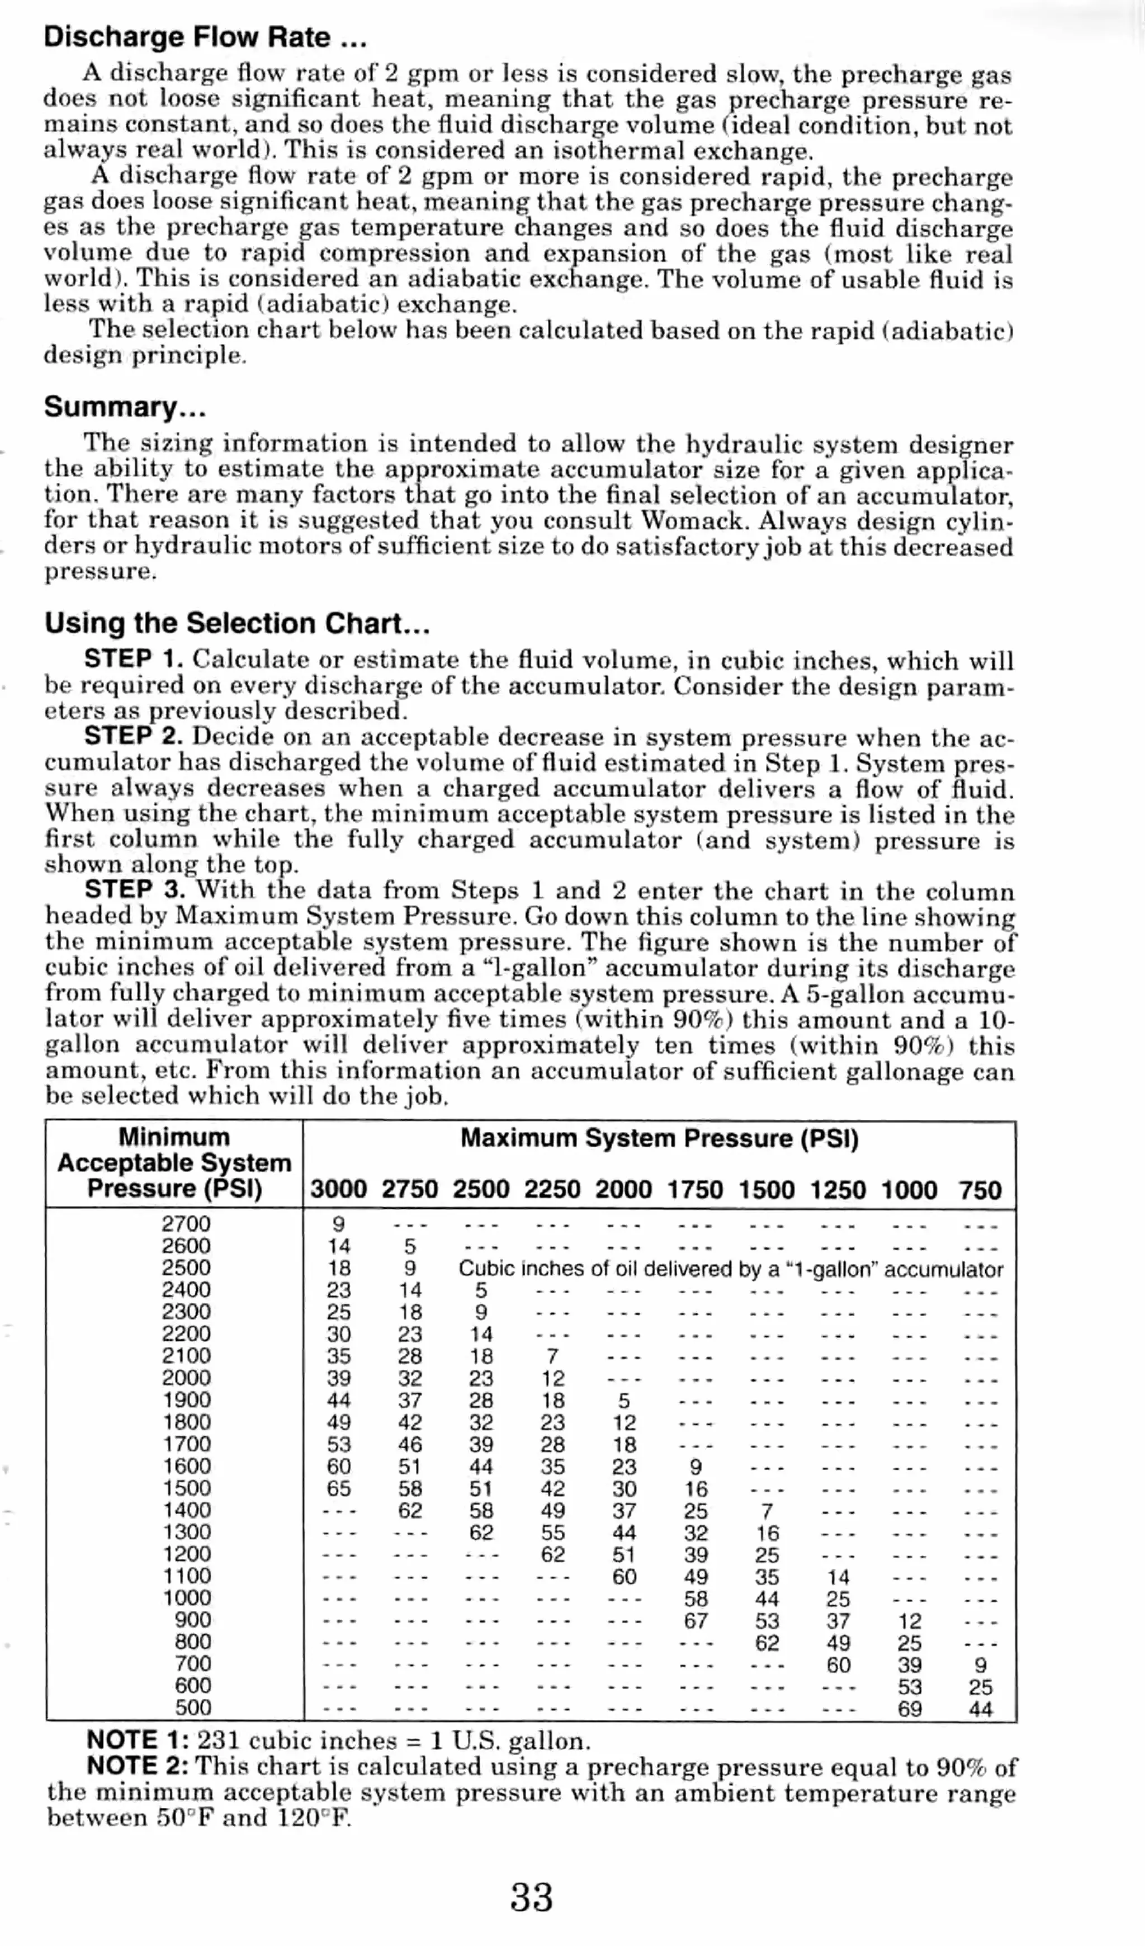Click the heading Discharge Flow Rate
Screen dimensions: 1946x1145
(x=205, y=37)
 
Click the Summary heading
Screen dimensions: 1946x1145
(x=124, y=407)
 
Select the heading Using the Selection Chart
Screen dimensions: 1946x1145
(x=237, y=623)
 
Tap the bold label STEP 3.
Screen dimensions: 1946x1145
(x=134, y=889)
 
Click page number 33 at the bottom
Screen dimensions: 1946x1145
(x=531, y=1897)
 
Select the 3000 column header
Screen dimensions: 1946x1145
(x=338, y=1189)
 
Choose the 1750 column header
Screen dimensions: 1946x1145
(x=695, y=1189)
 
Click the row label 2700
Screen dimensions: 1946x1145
(x=186, y=1224)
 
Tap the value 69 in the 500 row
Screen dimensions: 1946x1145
(x=910, y=1708)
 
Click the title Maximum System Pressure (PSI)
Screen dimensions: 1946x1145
(x=659, y=1138)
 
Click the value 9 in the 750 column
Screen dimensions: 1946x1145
(x=980, y=1665)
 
